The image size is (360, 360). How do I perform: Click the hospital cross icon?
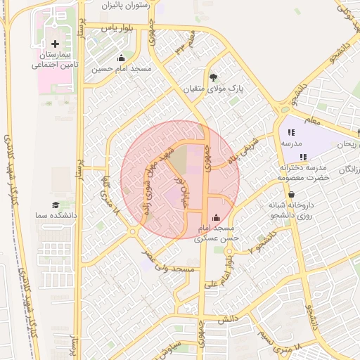[x=56, y=44]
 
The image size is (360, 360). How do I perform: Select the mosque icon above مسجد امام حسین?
[x=121, y=58]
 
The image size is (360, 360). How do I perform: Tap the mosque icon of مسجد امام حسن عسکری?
[x=216, y=217]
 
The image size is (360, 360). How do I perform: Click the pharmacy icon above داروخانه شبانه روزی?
[x=291, y=195]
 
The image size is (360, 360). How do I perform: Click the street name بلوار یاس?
[x=117, y=27]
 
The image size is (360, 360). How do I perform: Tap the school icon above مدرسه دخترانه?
[x=302, y=157]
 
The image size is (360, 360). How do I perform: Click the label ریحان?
[x=348, y=144]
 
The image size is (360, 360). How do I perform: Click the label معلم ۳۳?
[x=184, y=49]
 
